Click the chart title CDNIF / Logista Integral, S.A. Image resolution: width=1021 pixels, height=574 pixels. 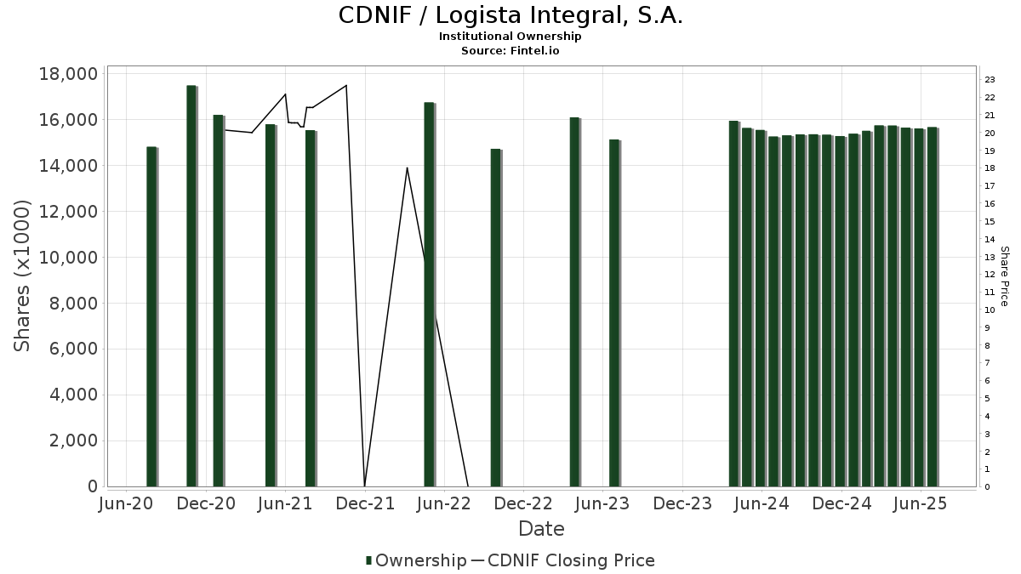[510, 15]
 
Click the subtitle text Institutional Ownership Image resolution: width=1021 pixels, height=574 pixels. [510, 37]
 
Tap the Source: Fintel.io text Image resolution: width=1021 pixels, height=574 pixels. [510, 50]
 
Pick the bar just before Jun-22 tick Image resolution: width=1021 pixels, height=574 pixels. [429, 294]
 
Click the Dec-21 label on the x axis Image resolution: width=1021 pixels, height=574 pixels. [364, 503]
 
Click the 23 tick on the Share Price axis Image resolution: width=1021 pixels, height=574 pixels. [990, 80]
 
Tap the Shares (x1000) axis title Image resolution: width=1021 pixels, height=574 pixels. [23, 276]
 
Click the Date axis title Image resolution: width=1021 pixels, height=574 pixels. [541, 529]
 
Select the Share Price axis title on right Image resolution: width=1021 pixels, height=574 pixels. [1004, 276]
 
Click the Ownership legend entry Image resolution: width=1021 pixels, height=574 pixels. [417, 560]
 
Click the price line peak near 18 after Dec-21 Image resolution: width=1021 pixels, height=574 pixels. [407, 168]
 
